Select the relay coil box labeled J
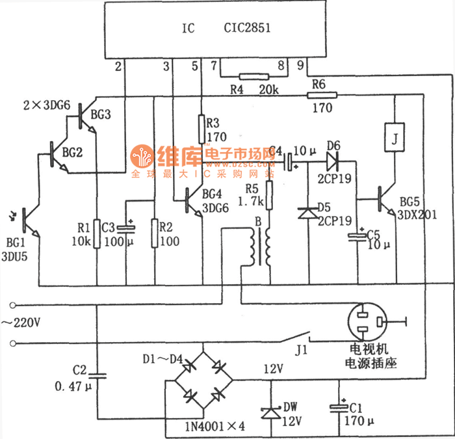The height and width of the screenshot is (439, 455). [x=393, y=137]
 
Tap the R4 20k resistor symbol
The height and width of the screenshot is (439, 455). [x=250, y=77]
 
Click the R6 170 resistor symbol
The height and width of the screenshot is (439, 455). [x=322, y=95]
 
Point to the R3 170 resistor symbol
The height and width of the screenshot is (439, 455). [x=201, y=122]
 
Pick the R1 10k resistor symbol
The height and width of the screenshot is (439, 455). [x=96, y=233]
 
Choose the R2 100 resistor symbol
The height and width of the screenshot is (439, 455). [x=154, y=233]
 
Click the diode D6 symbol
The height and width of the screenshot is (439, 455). [x=334, y=156]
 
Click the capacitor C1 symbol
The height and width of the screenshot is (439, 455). [x=339, y=408]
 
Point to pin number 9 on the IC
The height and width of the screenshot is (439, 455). [x=300, y=66]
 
